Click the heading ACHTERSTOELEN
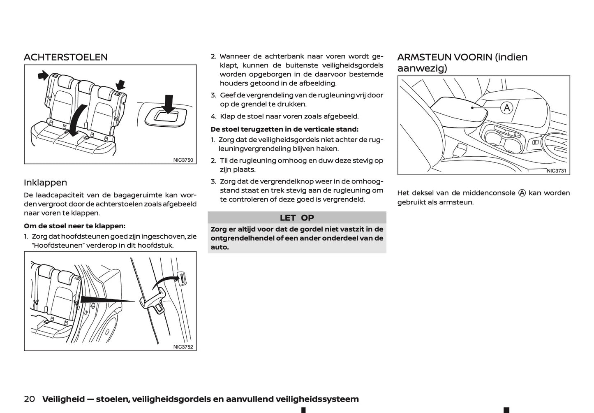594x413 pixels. click(x=66, y=57)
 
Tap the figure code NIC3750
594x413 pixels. click(x=183, y=160)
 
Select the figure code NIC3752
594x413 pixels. click(x=183, y=347)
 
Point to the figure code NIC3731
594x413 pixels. click(x=556, y=171)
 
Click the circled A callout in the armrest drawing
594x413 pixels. click(x=507, y=108)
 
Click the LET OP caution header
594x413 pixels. click(x=297, y=218)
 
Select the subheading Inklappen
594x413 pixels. click(x=45, y=182)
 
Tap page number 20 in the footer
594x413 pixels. click(x=29, y=399)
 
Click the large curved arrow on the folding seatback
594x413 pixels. click(x=77, y=119)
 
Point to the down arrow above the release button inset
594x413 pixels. click(x=168, y=103)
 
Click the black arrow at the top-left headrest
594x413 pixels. click(x=42, y=75)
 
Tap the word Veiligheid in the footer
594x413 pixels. click(x=63, y=399)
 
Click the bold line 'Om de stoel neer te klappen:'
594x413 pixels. click(x=74, y=226)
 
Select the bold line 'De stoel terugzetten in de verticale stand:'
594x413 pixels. click(x=284, y=129)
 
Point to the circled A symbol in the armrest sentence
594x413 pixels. click(x=522, y=193)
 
